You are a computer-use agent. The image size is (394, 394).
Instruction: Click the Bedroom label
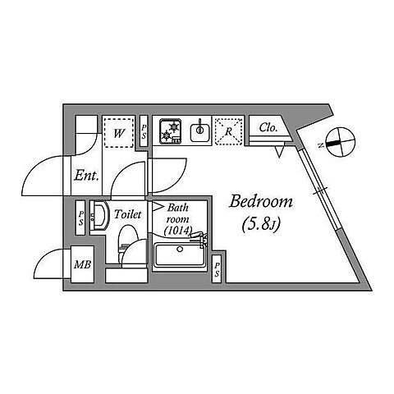coord(261,202)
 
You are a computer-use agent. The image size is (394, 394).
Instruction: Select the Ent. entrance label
coord(86,176)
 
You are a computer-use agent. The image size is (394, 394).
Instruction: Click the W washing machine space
coord(118,133)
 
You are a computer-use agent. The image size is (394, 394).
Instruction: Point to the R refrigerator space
coord(229,131)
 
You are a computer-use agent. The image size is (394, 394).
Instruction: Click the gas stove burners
coord(171,131)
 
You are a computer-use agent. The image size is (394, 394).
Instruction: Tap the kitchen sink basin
coord(200,132)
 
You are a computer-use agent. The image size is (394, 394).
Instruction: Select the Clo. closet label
coord(268,128)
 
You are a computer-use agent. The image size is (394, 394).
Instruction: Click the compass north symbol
coord(341,142)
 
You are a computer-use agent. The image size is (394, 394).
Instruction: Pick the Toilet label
coord(128,214)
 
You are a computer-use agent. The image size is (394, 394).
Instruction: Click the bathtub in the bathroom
coord(180,255)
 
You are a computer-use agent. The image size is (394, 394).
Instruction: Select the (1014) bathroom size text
coord(177,231)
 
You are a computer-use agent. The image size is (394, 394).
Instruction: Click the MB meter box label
coord(83,264)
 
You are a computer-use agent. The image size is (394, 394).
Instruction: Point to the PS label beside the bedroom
coord(217,269)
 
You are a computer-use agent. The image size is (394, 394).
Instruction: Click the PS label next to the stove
coord(144,131)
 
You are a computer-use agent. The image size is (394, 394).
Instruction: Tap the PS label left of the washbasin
coord(80,218)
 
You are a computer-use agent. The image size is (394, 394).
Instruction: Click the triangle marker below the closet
coord(279,152)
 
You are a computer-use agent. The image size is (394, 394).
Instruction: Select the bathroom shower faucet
coord(199,239)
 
